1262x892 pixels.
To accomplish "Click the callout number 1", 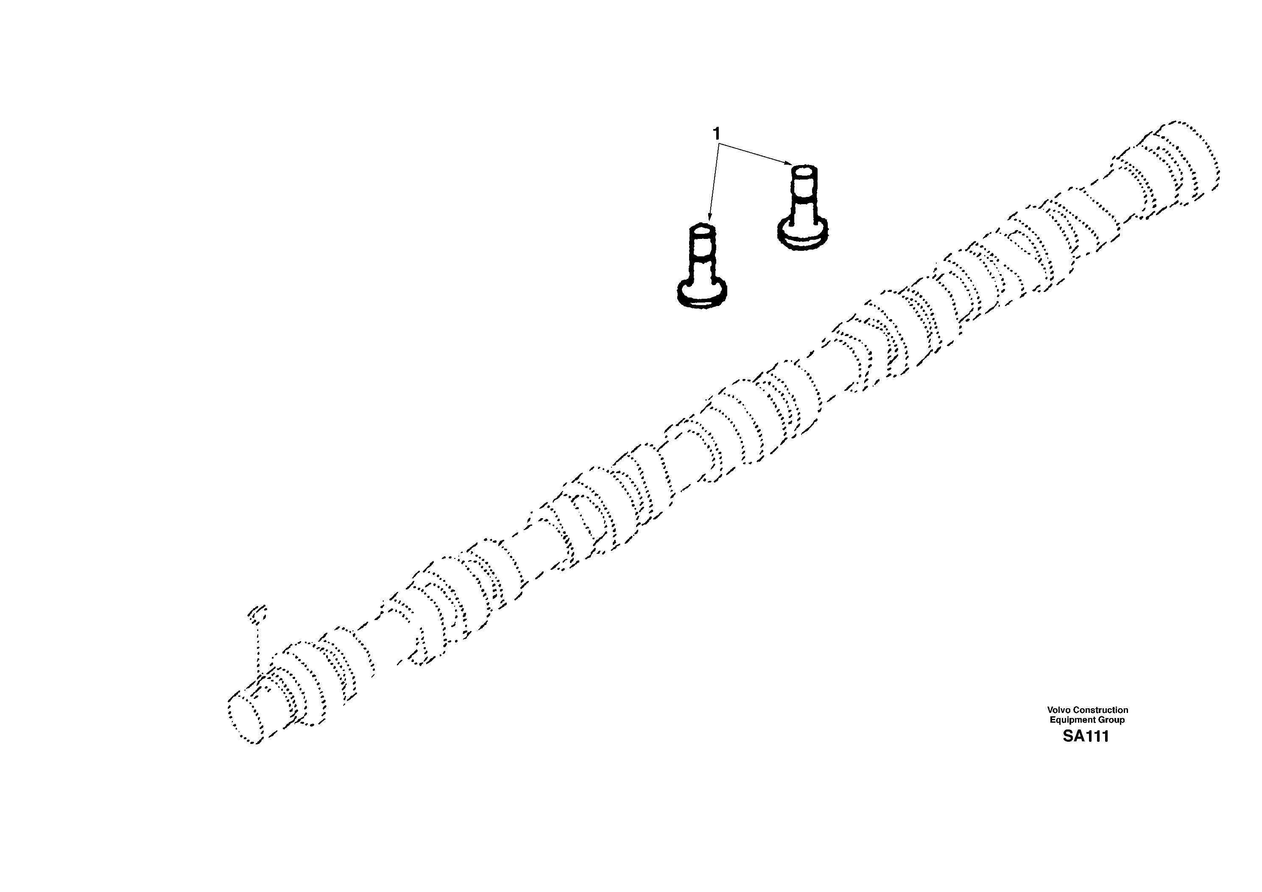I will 716,134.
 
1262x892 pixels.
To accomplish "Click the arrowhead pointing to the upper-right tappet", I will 789,163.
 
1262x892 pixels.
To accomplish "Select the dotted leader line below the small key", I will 258,646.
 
